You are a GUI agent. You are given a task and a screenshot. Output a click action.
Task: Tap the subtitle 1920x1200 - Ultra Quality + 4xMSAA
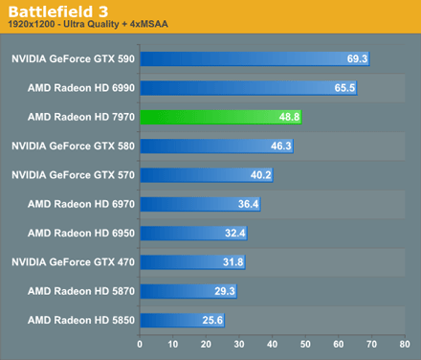86,26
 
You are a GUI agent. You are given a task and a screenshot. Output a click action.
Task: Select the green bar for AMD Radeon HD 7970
220,117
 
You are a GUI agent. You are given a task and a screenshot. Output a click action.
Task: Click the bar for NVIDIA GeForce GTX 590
254,59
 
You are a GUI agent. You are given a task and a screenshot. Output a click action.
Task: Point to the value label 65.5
345,88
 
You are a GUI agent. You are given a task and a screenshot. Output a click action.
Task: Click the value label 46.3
281,146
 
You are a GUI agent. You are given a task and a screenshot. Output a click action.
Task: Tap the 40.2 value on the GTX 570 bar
261,175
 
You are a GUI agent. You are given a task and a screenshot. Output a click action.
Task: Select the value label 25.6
212,320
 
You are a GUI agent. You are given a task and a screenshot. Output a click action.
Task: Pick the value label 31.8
233,262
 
